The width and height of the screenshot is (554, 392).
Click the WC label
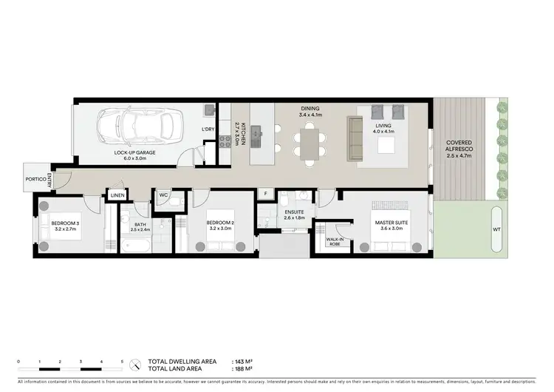coord(164,196)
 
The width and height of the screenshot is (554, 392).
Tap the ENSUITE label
coord(295,212)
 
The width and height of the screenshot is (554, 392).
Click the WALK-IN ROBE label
coord(333,241)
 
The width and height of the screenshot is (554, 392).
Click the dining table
coord(307,140)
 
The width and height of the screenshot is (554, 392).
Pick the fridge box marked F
coord(265,195)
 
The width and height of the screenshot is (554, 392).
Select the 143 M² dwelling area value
coord(243,361)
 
